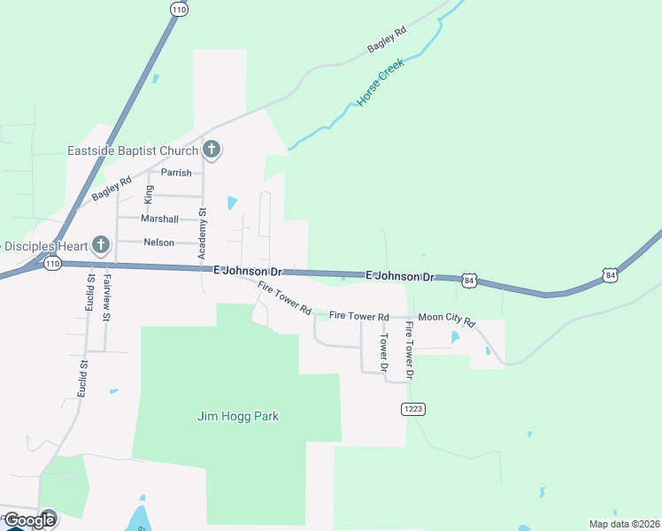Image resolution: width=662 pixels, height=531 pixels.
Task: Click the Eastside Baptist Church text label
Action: [133, 150]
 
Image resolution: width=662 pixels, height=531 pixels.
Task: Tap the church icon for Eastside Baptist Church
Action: [211, 150]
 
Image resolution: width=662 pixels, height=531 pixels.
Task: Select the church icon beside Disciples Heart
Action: [100, 244]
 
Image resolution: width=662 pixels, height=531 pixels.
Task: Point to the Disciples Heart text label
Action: [44, 245]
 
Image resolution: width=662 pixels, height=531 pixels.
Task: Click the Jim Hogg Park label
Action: [237, 416]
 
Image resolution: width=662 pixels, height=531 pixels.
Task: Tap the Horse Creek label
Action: [381, 83]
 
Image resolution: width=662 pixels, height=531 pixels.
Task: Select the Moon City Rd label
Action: [447, 316]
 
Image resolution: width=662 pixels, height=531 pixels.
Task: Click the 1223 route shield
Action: [412, 408]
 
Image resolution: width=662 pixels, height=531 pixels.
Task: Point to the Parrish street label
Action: [176, 173]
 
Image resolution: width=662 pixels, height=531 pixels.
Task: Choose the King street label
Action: [149, 195]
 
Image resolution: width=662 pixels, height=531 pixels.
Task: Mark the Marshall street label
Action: [159, 219]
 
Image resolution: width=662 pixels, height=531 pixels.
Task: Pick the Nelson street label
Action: [158, 242]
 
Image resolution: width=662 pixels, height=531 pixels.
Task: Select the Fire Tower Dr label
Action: [409, 350]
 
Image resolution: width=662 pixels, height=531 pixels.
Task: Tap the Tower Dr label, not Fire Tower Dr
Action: [384, 352]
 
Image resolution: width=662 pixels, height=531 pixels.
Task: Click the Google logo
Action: [29, 519]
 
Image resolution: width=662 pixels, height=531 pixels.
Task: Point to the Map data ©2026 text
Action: [623, 523]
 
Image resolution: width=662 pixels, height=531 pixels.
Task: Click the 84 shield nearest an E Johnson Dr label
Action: [470, 281]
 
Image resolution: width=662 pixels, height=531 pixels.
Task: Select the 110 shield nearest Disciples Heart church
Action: [52, 264]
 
